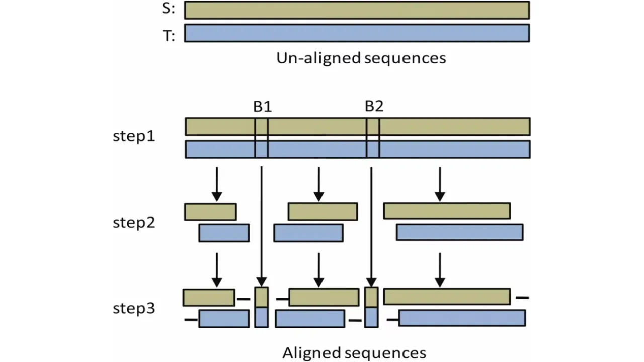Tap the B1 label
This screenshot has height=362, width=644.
262,107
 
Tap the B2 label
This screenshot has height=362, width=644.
374,107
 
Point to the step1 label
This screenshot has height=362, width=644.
134,136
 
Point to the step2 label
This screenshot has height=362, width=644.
134,223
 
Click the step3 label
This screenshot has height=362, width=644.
134,308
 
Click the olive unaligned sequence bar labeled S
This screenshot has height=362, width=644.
357,10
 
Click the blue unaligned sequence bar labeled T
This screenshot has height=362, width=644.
357,33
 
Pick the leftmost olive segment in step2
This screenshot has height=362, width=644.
210,212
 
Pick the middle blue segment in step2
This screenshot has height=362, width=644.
308,233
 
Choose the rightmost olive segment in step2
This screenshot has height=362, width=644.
447,211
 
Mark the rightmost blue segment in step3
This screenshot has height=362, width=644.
462,318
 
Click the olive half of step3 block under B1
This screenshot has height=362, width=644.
262,297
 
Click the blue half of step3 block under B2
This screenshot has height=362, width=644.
371,317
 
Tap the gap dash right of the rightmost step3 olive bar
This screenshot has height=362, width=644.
522,298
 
